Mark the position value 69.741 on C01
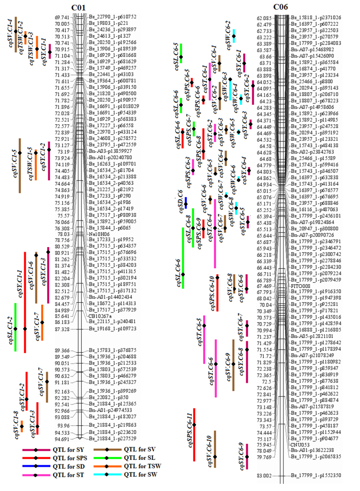click(x=62, y=17)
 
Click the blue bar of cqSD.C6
click(x=186, y=203)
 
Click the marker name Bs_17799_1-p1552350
click(x=317, y=475)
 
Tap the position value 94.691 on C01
click(x=62, y=438)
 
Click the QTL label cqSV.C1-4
click(x=10, y=31)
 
